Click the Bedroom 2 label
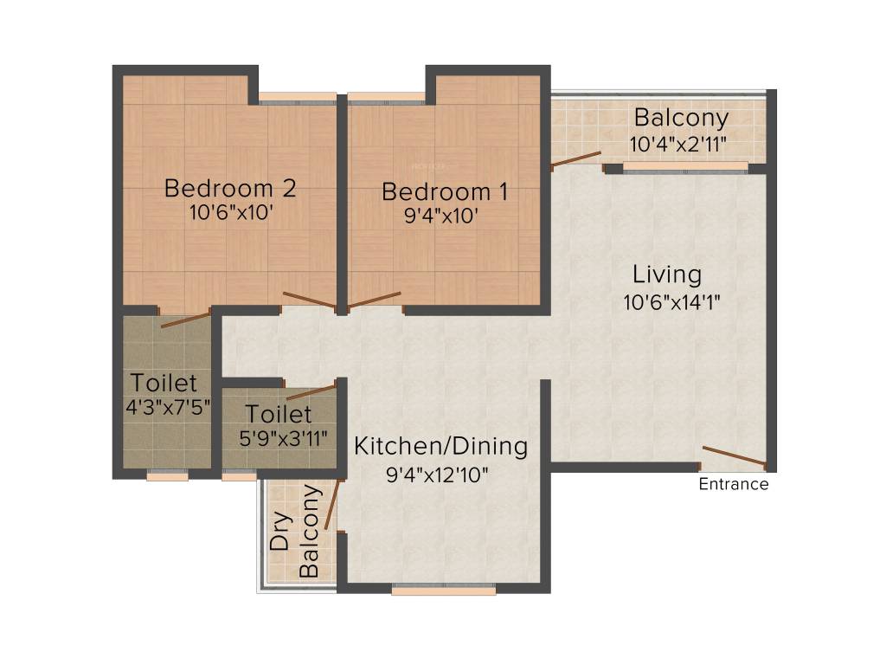point(230,188)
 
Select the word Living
point(666,275)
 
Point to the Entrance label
point(734,485)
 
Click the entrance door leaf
point(734,455)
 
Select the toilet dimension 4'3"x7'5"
point(167,407)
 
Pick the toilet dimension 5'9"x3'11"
point(284,437)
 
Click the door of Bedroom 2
point(308,300)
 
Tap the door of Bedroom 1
point(374,300)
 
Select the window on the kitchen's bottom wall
point(443,590)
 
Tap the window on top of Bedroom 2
point(297,98)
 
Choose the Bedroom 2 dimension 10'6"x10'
point(230,214)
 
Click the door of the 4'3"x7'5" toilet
point(185,318)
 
